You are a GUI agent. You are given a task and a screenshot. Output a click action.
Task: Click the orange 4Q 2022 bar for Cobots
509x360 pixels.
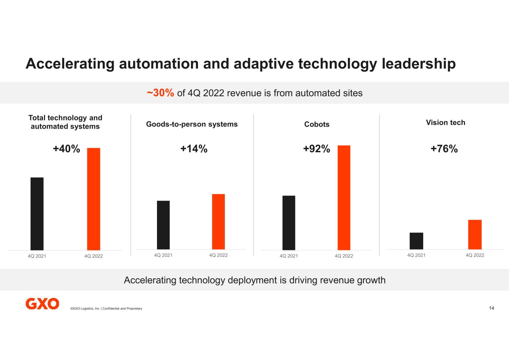(344, 198)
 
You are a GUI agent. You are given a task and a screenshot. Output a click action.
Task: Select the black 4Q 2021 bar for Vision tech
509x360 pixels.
(416, 241)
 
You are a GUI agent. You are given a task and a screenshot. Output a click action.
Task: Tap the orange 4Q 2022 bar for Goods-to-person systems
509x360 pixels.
(218, 222)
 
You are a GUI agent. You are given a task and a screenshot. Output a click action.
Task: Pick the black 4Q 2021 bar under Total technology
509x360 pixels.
(37, 214)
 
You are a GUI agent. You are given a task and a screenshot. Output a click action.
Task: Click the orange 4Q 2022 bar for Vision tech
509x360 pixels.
(475, 235)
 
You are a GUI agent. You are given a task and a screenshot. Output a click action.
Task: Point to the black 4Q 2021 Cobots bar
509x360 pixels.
(289, 223)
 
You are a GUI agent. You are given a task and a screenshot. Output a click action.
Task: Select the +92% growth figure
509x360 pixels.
(316, 149)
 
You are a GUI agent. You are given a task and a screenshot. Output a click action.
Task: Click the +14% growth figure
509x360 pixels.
(194, 149)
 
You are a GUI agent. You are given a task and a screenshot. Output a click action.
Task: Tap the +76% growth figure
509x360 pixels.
(444, 149)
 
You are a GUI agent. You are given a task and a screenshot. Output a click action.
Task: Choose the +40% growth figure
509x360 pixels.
(66, 149)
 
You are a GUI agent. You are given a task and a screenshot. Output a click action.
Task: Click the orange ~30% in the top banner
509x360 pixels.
(160, 93)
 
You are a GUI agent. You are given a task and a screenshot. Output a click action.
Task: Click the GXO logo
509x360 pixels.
(42, 304)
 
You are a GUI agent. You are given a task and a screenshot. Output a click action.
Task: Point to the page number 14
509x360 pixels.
(491, 308)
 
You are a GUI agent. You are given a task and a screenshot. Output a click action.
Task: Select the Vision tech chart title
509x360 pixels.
(445, 122)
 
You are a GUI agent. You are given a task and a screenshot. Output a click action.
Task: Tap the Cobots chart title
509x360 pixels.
(317, 124)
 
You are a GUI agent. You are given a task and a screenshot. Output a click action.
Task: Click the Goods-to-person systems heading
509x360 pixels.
(192, 124)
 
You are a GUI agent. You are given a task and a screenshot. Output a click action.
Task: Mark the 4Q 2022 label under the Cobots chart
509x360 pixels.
(344, 256)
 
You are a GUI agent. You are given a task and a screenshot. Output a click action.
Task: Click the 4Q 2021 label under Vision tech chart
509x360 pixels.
(416, 255)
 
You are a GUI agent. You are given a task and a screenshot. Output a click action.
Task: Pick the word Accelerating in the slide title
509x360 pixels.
(70, 63)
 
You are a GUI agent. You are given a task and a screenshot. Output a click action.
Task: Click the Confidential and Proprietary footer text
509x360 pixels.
(122, 309)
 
